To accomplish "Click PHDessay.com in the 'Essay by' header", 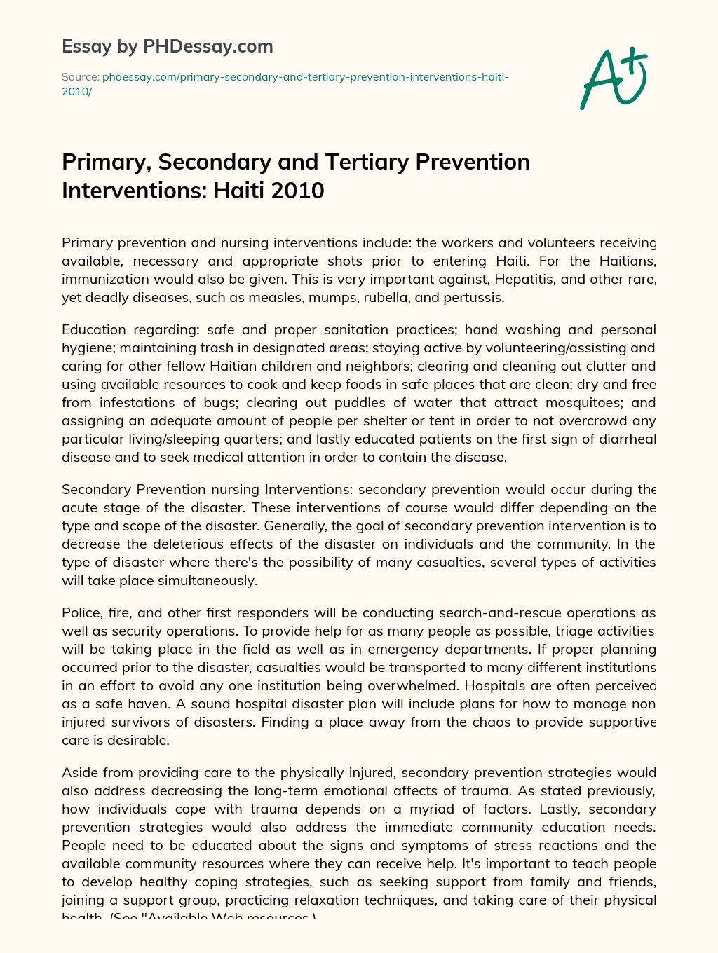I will pos(208,47).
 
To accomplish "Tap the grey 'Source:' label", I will pos(80,77).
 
